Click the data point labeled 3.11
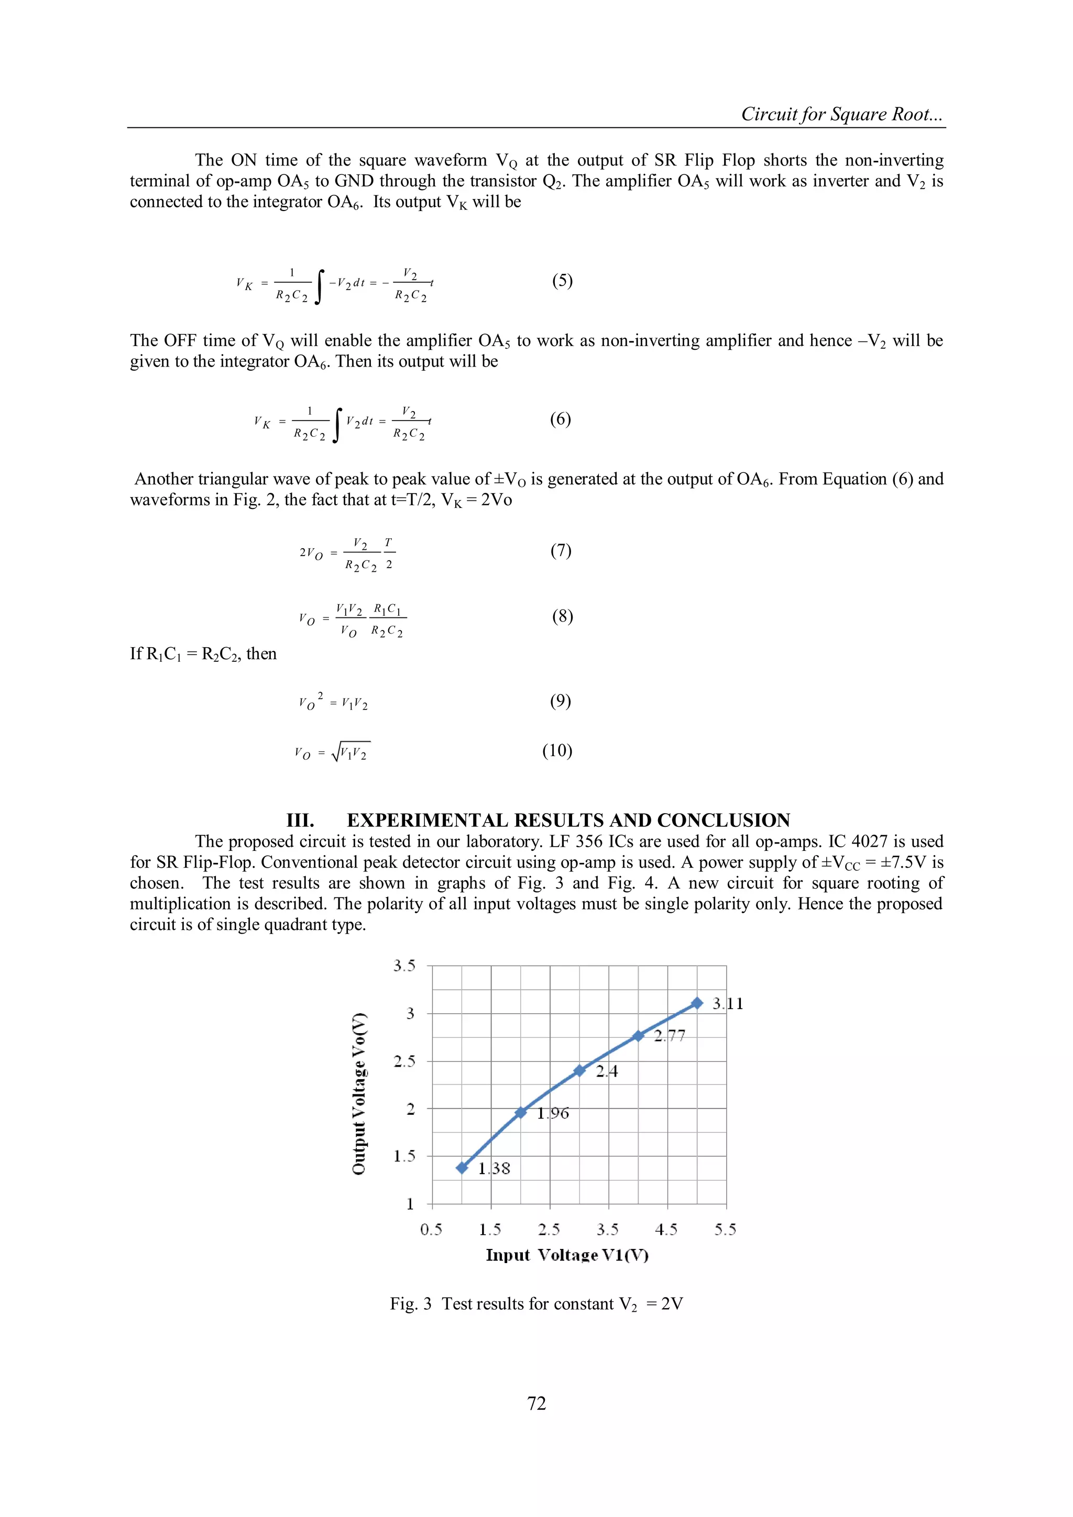pos(697,1003)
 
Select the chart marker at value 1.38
pos(462,1168)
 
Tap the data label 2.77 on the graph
pos(669,1036)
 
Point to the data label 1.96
pos(553,1113)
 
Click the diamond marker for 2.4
pos(579,1070)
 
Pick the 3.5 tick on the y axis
pos(404,966)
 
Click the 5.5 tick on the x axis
pos(725,1230)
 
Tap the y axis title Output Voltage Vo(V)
pos(359,1093)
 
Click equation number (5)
pos(562,281)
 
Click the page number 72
pos(536,1403)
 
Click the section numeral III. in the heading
pos(300,821)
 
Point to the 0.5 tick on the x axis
pos(431,1230)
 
